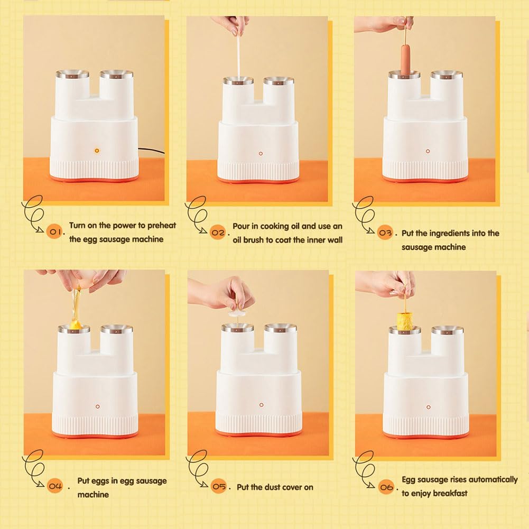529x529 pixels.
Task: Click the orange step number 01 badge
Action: click(x=54, y=231)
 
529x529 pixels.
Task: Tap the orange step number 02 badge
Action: click(x=218, y=233)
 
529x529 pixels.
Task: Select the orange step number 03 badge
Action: click(x=385, y=233)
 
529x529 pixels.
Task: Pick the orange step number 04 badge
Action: click(x=54, y=486)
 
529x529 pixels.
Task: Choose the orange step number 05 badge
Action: click(x=219, y=486)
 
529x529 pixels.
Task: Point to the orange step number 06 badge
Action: click(x=386, y=487)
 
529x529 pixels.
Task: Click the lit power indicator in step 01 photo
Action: click(x=97, y=151)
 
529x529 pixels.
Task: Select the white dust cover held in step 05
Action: click(x=238, y=313)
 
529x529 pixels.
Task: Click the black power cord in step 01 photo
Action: click(x=152, y=151)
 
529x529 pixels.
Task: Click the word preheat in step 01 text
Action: click(x=162, y=225)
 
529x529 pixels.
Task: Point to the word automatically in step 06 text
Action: click(x=493, y=480)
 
